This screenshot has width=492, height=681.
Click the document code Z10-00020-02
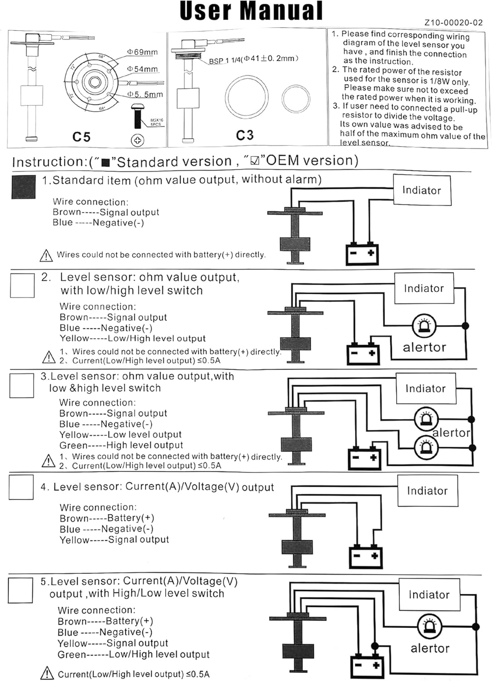coord(453,22)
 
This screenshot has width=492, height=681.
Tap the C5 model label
coord(82,137)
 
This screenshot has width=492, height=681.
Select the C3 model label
coord(245,135)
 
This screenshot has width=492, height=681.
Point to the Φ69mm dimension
coord(143,52)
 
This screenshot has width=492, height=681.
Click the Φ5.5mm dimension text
coord(145,94)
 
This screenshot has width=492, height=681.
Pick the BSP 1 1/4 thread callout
coord(253,59)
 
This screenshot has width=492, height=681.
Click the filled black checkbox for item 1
coord(23,187)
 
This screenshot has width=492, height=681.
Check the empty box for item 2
coord(22,285)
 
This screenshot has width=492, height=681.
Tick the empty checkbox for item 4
coord(21,487)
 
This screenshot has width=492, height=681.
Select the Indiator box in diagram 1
coord(422,190)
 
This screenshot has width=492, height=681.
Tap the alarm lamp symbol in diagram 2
coord(424,326)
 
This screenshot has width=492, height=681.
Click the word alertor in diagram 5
coord(430,648)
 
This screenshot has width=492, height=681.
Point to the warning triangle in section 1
coord(46,256)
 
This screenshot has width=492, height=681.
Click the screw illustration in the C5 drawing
coord(137,116)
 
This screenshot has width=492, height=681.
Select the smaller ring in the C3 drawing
coord(295,98)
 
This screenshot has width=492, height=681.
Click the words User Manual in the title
coord(251,11)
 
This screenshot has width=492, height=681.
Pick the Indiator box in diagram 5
coord(429,595)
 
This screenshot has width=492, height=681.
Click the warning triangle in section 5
coord(47,673)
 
